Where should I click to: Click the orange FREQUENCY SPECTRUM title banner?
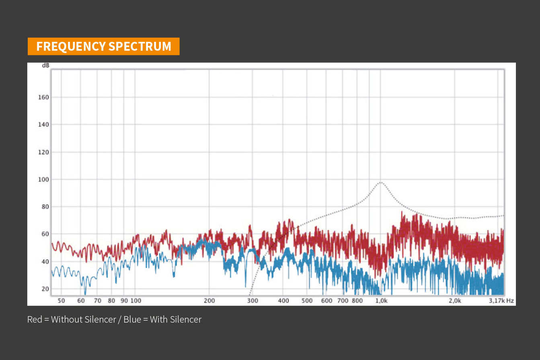click(x=103, y=46)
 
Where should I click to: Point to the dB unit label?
click(x=45, y=65)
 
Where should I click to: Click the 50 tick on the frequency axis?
click(x=61, y=300)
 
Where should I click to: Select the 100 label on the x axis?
click(x=136, y=300)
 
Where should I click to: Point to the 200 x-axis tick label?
click(x=209, y=300)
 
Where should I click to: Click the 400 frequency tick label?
click(x=283, y=300)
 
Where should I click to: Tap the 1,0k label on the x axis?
click(x=381, y=300)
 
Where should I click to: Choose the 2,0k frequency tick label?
click(x=455, y=300)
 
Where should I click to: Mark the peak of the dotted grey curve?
click(x=380, y=182)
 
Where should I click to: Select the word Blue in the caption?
click(x=132, y=320)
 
